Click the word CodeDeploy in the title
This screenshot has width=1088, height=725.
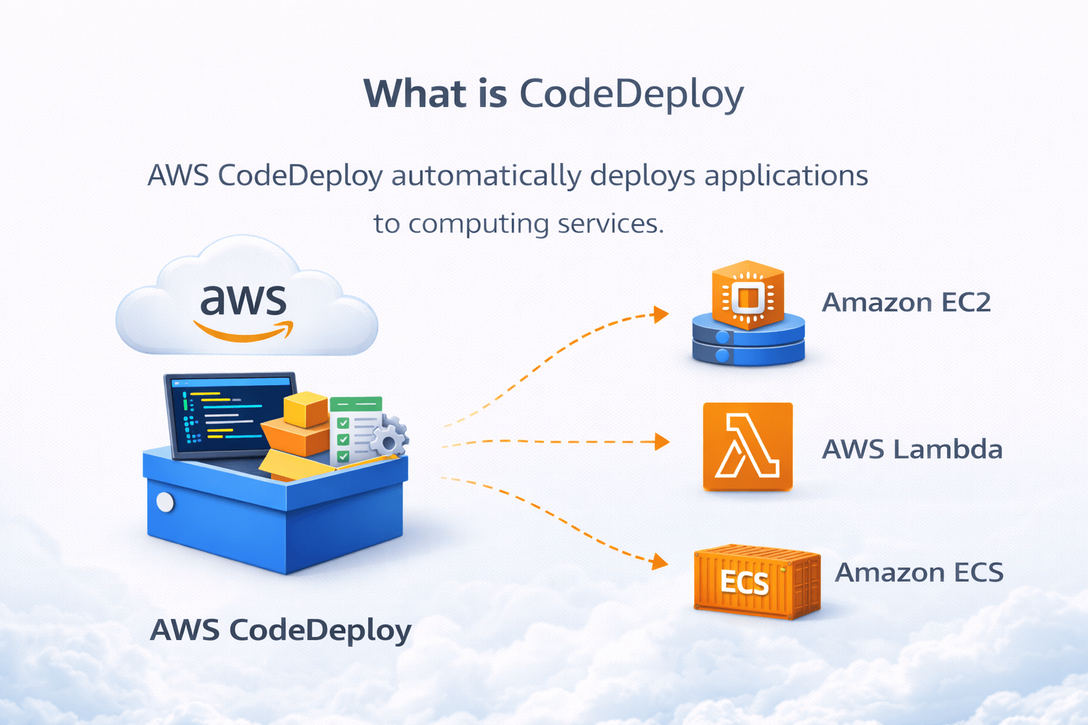coord(631,95)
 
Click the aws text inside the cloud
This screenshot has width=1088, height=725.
coord(243,300)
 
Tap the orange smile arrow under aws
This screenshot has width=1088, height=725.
coord(243,331)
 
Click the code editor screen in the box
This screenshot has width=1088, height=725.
coord(230,414)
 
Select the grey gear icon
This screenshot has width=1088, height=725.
coord(388,439)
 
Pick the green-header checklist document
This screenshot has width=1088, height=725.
coord(355,428)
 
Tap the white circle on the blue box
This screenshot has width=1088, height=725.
coord(165,502)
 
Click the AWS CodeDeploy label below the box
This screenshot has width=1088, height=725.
coord(280,630)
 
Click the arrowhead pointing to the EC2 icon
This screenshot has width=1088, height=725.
coord(661,314)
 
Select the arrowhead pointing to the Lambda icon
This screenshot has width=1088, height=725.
coord(662,442)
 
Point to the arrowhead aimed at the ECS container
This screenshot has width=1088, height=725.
coord(660,562)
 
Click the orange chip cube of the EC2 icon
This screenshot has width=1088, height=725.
coord(748,296)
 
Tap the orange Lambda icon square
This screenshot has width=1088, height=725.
coord(747,446)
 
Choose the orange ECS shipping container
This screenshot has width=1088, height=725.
coord(756,581)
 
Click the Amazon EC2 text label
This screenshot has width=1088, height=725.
coord(906,303)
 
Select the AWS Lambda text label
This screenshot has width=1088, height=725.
coord(912,450)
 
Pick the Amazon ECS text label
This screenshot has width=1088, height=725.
coord(919,572)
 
